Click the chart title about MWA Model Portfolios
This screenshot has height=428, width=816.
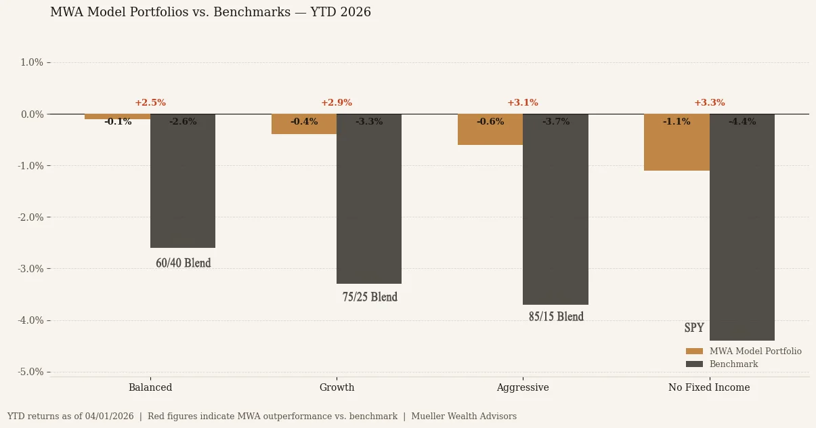(x=211, y=13)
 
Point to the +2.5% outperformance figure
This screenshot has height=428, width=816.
(x=150, y=103)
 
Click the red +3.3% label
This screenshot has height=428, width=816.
(x=709, y=103)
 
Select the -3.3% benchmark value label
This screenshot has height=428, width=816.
(x=369, y=122)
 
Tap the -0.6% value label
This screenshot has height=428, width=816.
(x=490, y=122)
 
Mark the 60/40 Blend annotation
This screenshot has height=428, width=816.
(x=184, y=263)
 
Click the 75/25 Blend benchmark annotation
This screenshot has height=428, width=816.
(x=370, y=297)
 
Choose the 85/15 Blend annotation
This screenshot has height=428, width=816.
(x=556, y=317)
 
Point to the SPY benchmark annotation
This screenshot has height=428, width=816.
(x=694, y=328)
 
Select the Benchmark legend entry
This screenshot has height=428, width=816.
(x=733, y=364)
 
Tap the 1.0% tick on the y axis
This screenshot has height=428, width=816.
(x=32, y=63)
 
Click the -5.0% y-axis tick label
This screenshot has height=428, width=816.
(x=30, y=372)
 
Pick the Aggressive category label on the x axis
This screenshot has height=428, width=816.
(x=523, y=388)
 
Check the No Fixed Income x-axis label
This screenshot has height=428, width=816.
(x=709, y=388)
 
